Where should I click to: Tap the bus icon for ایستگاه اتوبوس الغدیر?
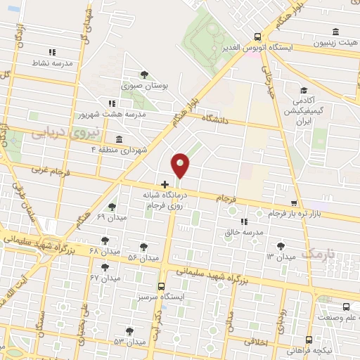258,37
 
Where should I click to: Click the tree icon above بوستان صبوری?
144,74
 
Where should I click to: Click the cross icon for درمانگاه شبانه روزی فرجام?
165,185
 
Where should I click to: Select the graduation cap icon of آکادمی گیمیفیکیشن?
304,90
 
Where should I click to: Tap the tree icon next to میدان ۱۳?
281,245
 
